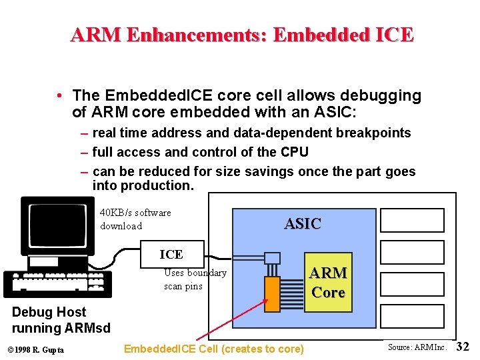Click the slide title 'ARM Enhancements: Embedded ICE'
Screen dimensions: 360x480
point(242,34)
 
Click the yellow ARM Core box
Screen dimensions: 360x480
point(328,282)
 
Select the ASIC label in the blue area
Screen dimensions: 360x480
point(303,224)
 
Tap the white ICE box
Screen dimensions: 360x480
point(171,253)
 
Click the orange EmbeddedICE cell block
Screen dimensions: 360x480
point(271,293)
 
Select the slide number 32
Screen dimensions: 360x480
point(463,347)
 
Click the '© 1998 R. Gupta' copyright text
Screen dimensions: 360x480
point(36,350)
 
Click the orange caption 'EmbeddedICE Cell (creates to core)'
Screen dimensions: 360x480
point(214,349)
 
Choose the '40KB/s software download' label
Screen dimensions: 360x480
point(135,219)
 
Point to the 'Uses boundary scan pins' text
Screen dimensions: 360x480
point(195,279)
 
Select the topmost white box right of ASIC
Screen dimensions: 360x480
point(411,220)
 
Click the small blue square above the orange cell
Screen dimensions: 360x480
point(272,258)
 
